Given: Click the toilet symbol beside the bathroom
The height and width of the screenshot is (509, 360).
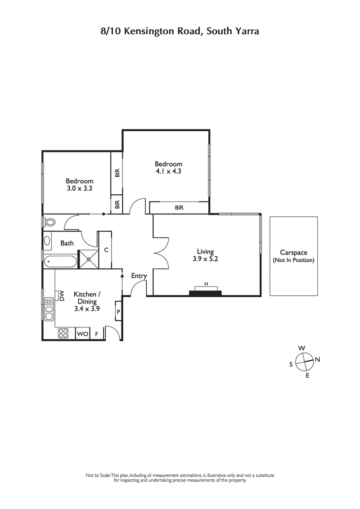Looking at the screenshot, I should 49,222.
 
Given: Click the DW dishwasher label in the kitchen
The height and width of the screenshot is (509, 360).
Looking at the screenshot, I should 62,295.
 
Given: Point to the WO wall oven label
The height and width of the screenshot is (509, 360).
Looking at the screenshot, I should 82,334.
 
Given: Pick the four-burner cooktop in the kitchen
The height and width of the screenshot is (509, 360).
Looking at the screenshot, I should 63,334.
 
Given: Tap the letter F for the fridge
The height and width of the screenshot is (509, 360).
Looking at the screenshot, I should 96,334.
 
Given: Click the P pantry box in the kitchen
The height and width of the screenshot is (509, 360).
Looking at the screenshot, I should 118,311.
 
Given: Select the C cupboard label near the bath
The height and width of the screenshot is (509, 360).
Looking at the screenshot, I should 106,250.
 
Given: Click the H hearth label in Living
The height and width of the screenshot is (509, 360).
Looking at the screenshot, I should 206,284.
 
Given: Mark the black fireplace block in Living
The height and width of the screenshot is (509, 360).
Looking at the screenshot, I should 206,293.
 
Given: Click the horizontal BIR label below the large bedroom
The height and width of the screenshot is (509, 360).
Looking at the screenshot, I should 179,208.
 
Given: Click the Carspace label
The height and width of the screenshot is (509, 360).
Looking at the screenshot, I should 293,253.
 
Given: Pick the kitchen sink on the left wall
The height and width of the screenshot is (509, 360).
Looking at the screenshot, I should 48,310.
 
